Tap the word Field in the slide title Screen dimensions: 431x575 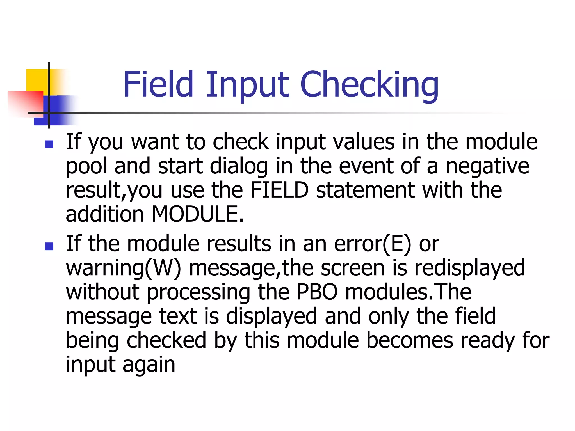(158, 84)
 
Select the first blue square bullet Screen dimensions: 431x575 (49, 144)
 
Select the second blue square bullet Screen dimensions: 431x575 (49, 246)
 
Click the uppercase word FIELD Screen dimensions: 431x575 (279, 190)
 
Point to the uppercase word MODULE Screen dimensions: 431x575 (197, 214)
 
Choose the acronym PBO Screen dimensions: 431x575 (317, 292)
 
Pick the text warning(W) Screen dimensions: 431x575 (123, 268)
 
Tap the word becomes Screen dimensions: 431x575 (410, 340)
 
